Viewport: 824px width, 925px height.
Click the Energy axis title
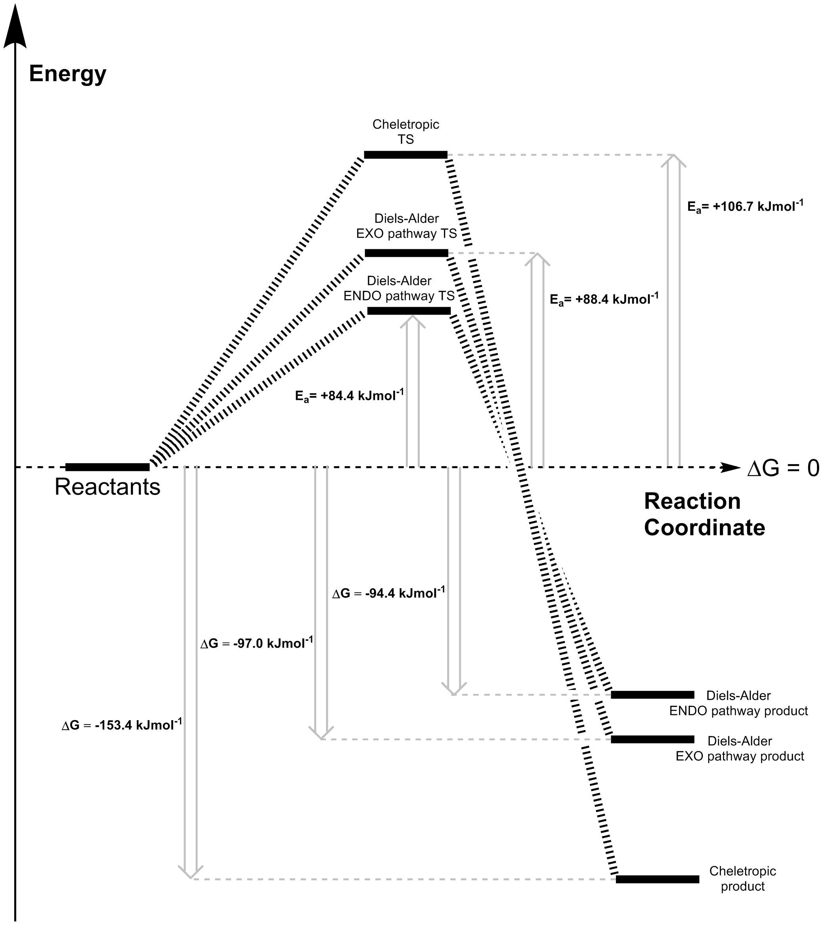point(67,73)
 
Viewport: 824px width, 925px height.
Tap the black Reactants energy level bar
point(107,467)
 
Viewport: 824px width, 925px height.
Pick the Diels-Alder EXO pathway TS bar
point(406,253)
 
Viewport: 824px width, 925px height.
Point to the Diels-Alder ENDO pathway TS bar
point(409,311)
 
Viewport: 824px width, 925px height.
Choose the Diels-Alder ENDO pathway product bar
point(652,694)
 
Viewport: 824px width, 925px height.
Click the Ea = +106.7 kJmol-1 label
point(745,206)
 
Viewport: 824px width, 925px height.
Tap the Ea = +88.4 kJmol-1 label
point(604,299)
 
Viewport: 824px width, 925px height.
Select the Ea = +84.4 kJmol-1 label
point(349,396)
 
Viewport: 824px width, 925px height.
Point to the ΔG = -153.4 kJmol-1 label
point(122,725)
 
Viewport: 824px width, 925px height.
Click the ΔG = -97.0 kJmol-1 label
point(257,643)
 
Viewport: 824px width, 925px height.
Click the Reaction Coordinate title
point(704,514)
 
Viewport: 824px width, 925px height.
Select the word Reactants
point(107,487)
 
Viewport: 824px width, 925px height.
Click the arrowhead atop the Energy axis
point(15,27)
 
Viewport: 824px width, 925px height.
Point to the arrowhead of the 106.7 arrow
point(673,160)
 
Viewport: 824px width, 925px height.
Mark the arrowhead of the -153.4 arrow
point(191,872)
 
